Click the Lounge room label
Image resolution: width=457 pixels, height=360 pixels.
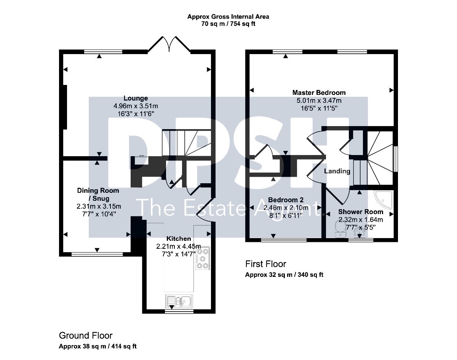[136, 98]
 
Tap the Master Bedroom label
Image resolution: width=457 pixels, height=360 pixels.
[319, 93]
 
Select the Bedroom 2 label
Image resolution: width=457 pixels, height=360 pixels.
[286, 200]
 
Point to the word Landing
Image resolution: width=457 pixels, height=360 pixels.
[337, 171]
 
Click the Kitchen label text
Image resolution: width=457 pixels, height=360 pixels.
[178, 238]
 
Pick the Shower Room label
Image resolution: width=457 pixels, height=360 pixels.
[361, 212]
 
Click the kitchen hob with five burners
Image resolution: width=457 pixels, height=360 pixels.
[202, 258]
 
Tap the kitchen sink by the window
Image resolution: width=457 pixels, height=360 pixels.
[179, 301]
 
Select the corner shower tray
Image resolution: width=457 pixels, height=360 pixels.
[384, 200]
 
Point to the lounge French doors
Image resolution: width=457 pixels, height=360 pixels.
[169, 44]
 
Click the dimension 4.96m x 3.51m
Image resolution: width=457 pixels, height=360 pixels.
[136, 106]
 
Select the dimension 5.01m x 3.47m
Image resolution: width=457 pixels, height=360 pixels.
[319, 101]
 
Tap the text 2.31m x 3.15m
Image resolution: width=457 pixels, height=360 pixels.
[99, 206]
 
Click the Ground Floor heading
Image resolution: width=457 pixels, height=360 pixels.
[86, 336]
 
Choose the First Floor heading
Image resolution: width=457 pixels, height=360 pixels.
[266, 264]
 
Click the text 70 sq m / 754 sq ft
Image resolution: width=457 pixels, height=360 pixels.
[228, 24]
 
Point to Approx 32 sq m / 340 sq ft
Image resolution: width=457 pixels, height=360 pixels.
[284, 275]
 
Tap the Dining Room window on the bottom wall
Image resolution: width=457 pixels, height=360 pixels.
[97, 254]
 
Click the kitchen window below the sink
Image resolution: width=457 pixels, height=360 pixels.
[179, 311]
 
